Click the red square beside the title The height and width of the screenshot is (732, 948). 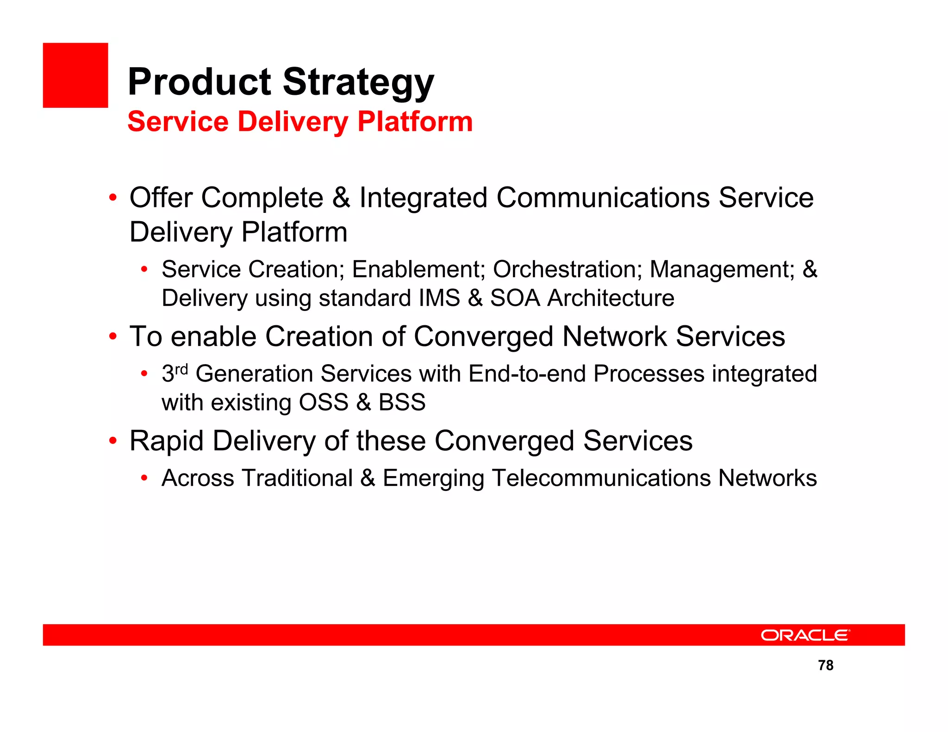point(75,75)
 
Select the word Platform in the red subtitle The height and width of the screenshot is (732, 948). point(415,122)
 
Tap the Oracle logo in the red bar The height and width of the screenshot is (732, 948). point(805,635)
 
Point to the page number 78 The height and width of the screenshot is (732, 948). point(825,665)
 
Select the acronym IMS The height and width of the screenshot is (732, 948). point(439,298)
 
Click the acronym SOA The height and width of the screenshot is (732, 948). point(515,298)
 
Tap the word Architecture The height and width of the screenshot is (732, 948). point(611,298)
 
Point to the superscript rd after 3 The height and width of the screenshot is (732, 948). point(181,369)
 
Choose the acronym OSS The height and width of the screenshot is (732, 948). point(324,403)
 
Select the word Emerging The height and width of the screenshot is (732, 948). point(433,479)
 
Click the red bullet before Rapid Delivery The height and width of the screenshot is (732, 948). point(113,441)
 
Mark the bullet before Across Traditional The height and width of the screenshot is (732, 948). point(144,478)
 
